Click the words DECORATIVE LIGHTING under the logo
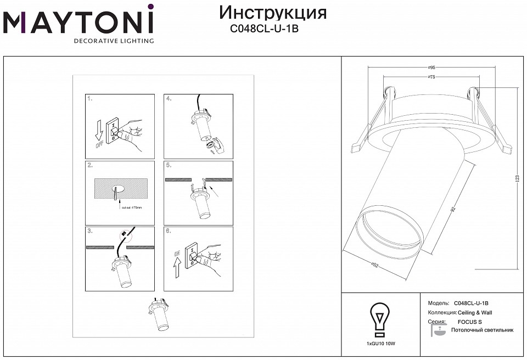(114, 41)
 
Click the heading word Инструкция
(272, 13)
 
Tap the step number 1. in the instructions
(90, 99)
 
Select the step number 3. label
(90, 232)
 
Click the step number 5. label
(169, 166)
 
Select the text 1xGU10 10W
(380, 343)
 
